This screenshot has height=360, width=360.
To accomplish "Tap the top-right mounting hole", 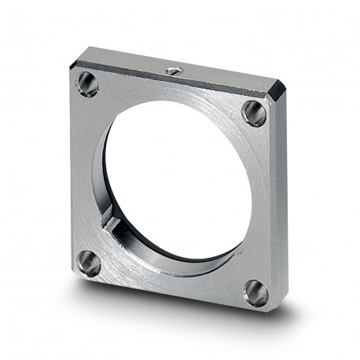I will [254, 112].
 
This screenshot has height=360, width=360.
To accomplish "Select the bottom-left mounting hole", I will [89, 263].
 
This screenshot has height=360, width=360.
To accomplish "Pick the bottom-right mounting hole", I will [255, 292].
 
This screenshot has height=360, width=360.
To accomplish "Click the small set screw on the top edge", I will [175, 72].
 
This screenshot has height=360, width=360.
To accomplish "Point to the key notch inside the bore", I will [113, 226].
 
